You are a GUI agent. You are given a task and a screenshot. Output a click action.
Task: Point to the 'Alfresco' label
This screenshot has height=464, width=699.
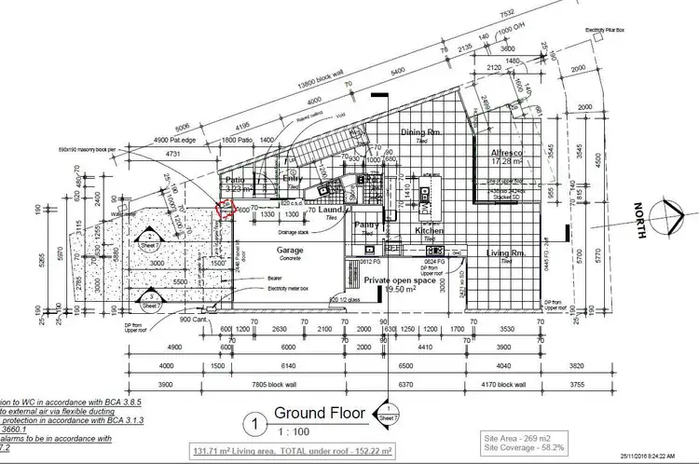(x=511, y=151)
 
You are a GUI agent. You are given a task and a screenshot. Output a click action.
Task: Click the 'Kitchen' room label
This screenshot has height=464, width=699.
(x=429, y=230)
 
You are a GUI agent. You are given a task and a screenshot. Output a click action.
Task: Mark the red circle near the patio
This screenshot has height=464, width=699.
(x=224, y=210)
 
